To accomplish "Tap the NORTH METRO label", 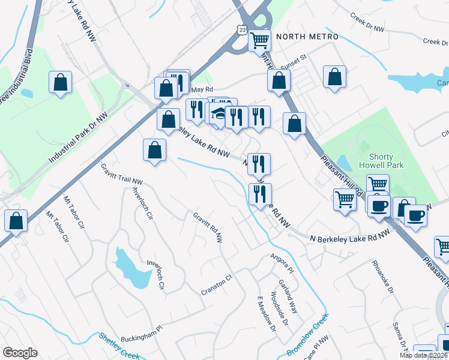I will click(x=300, y=37).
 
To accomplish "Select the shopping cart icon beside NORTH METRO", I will click(x=260, y=41).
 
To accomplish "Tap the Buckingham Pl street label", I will click(x=142, y=334).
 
